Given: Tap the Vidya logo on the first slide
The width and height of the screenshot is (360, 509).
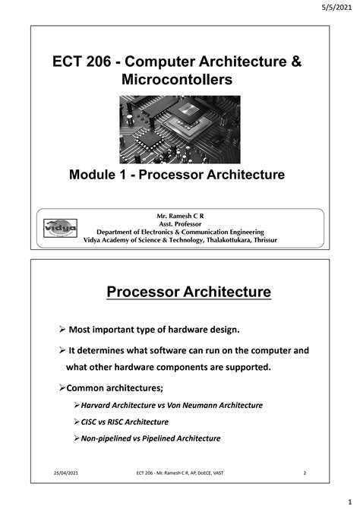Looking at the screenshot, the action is pyautogui.click(x=59, y=227).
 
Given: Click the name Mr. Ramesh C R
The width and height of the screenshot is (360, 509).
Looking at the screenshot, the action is pyautogui.click(x=180, y=217).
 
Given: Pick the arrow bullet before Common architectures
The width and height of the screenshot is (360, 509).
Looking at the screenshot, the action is pyautogui.click(x=62, y=387).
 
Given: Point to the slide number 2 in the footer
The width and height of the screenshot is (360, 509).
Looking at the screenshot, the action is pyautogui.click(x=304, y=474).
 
